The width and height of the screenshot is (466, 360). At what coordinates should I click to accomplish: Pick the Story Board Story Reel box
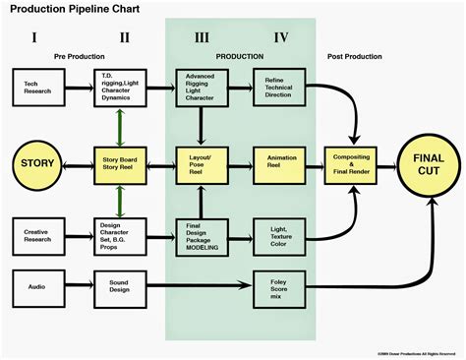tap(119, 158)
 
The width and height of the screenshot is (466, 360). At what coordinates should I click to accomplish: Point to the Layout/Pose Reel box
tap(201, 158)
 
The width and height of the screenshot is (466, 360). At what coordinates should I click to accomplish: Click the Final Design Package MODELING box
tap(201, 236)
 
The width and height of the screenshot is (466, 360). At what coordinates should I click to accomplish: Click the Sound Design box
tap(119, 287)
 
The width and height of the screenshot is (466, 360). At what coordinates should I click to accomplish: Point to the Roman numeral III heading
tap(202, 38)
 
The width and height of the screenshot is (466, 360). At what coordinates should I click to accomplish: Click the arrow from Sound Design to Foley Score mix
tap(197, 287)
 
